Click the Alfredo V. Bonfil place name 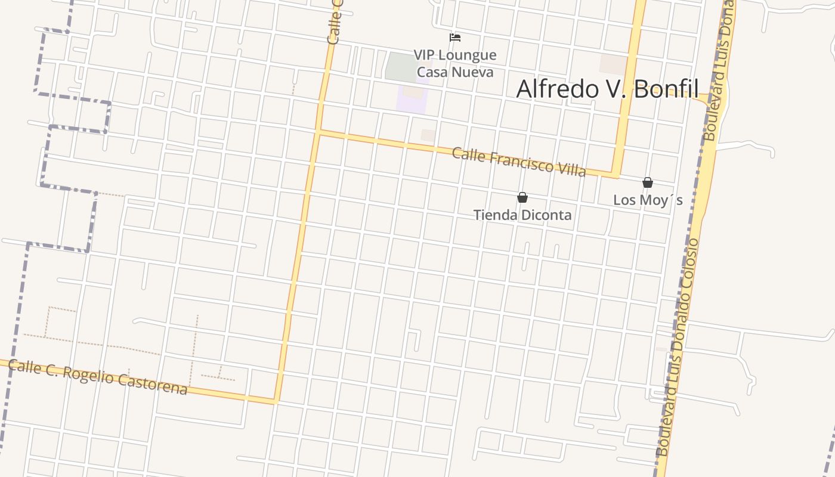pos(607,89)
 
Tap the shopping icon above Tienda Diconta pos(522,197)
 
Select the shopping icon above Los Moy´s pos(648,182)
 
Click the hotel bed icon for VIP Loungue pos(455,38)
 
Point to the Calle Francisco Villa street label pos(518,162)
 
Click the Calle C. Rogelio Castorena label pos(98,377)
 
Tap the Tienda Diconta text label pos(522,215)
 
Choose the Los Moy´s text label pos(648,200)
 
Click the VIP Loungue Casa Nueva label pos(455,64)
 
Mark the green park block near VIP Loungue pos(401,67)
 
